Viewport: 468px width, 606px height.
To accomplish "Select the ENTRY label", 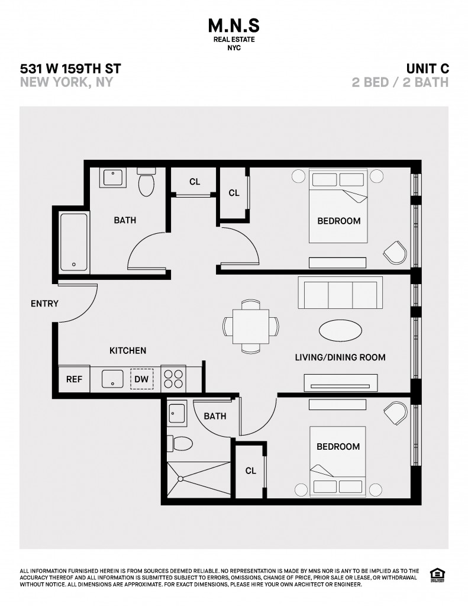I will coord(44,304).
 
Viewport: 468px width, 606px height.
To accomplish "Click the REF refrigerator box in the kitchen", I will coord(74,379).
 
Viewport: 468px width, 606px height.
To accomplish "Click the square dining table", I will coord(250,326).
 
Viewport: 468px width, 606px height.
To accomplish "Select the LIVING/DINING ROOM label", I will coord(340,357).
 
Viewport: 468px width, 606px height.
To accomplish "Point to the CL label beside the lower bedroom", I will coord(250,470).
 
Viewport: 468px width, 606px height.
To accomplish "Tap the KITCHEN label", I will coord(128,350).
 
